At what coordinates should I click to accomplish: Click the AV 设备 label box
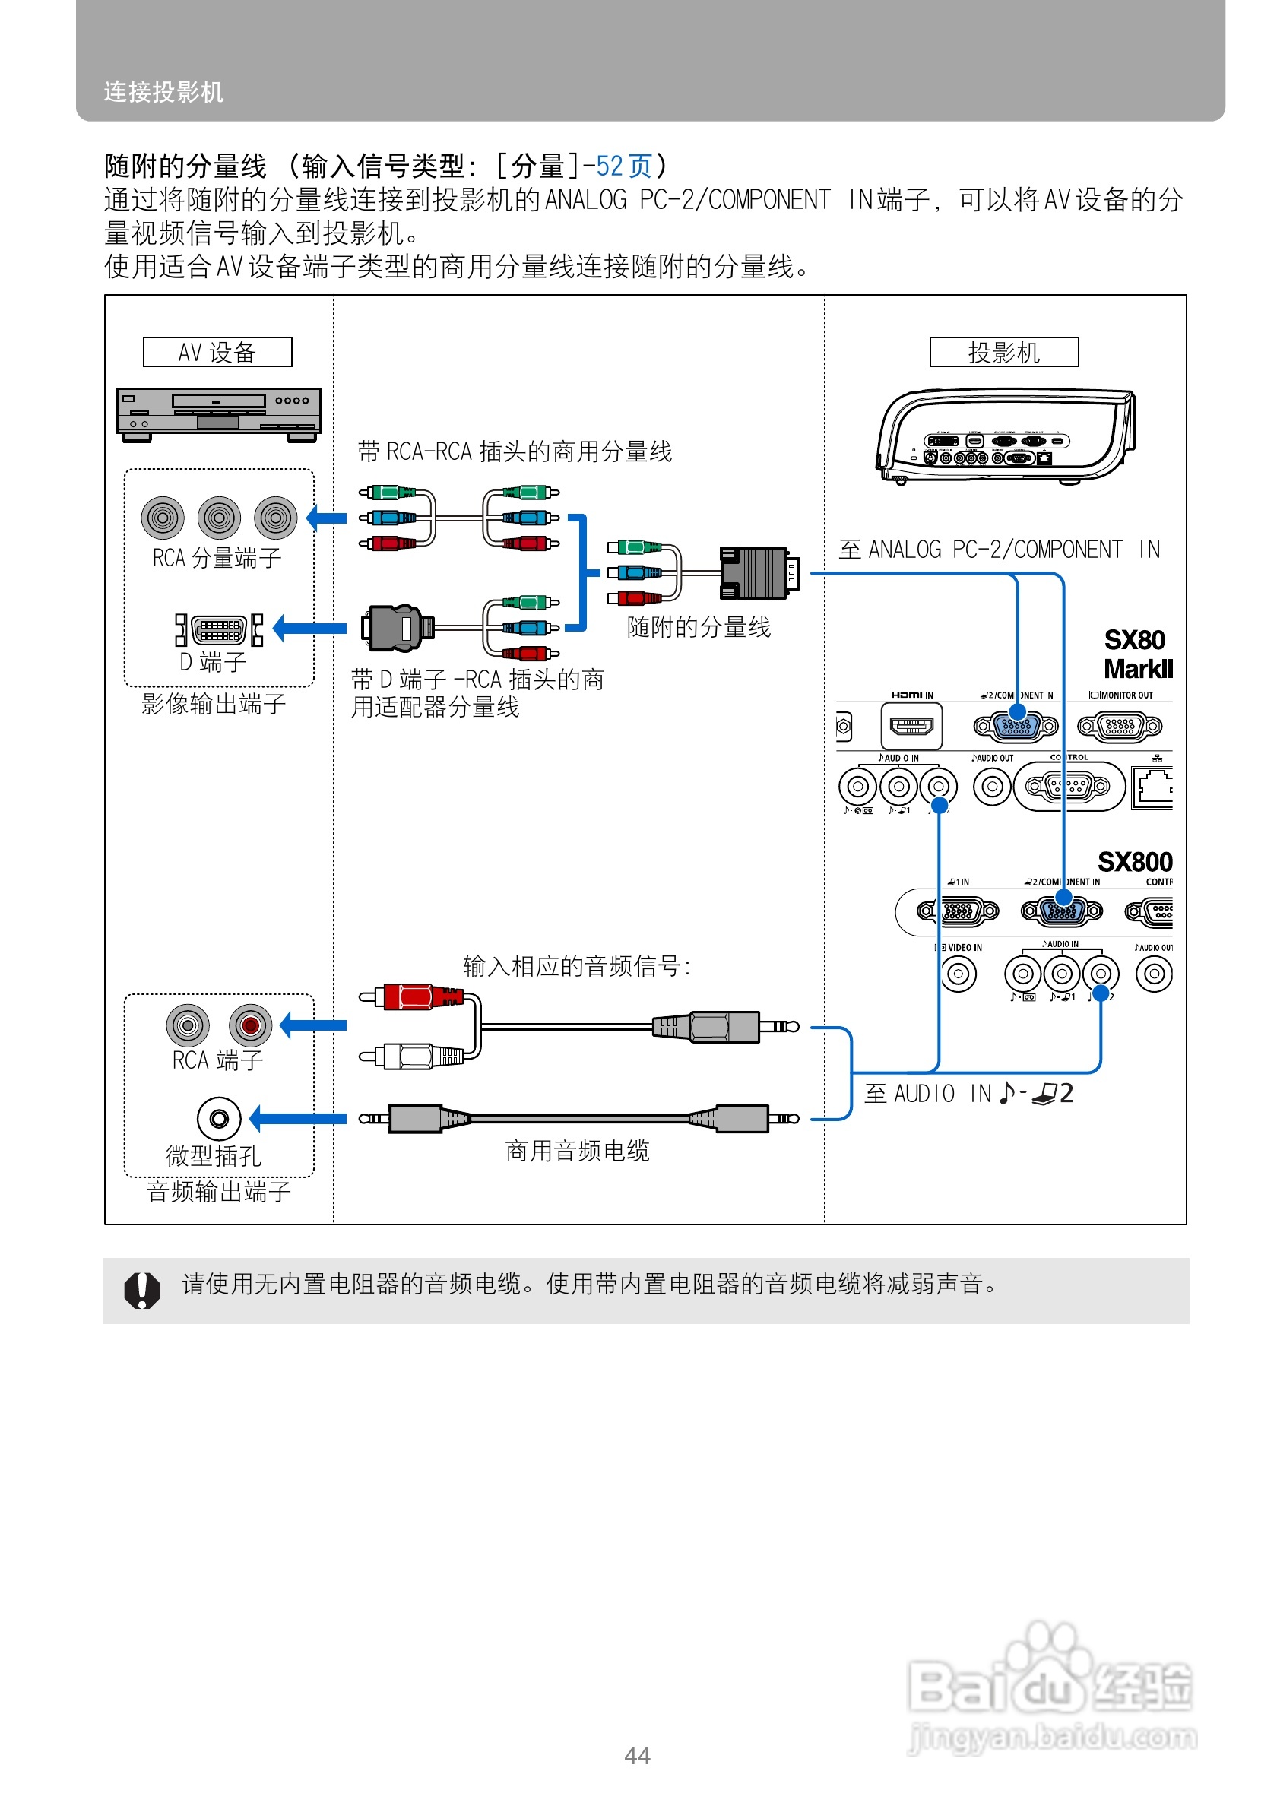217,351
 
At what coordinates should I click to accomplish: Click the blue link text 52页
623,166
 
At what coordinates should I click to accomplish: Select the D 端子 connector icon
219,629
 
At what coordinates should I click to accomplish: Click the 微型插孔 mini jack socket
218,1118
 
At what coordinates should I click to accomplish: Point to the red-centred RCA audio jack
250,1025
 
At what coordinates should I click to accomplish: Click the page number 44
636,1756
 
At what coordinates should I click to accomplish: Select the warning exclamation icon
142,1290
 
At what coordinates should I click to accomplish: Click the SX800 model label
1134,862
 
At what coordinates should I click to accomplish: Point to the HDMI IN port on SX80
911,726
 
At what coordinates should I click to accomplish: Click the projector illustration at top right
1005,435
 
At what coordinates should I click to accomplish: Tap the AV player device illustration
218,413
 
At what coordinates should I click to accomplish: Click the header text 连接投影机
164,92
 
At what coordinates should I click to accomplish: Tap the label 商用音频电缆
577,1151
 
